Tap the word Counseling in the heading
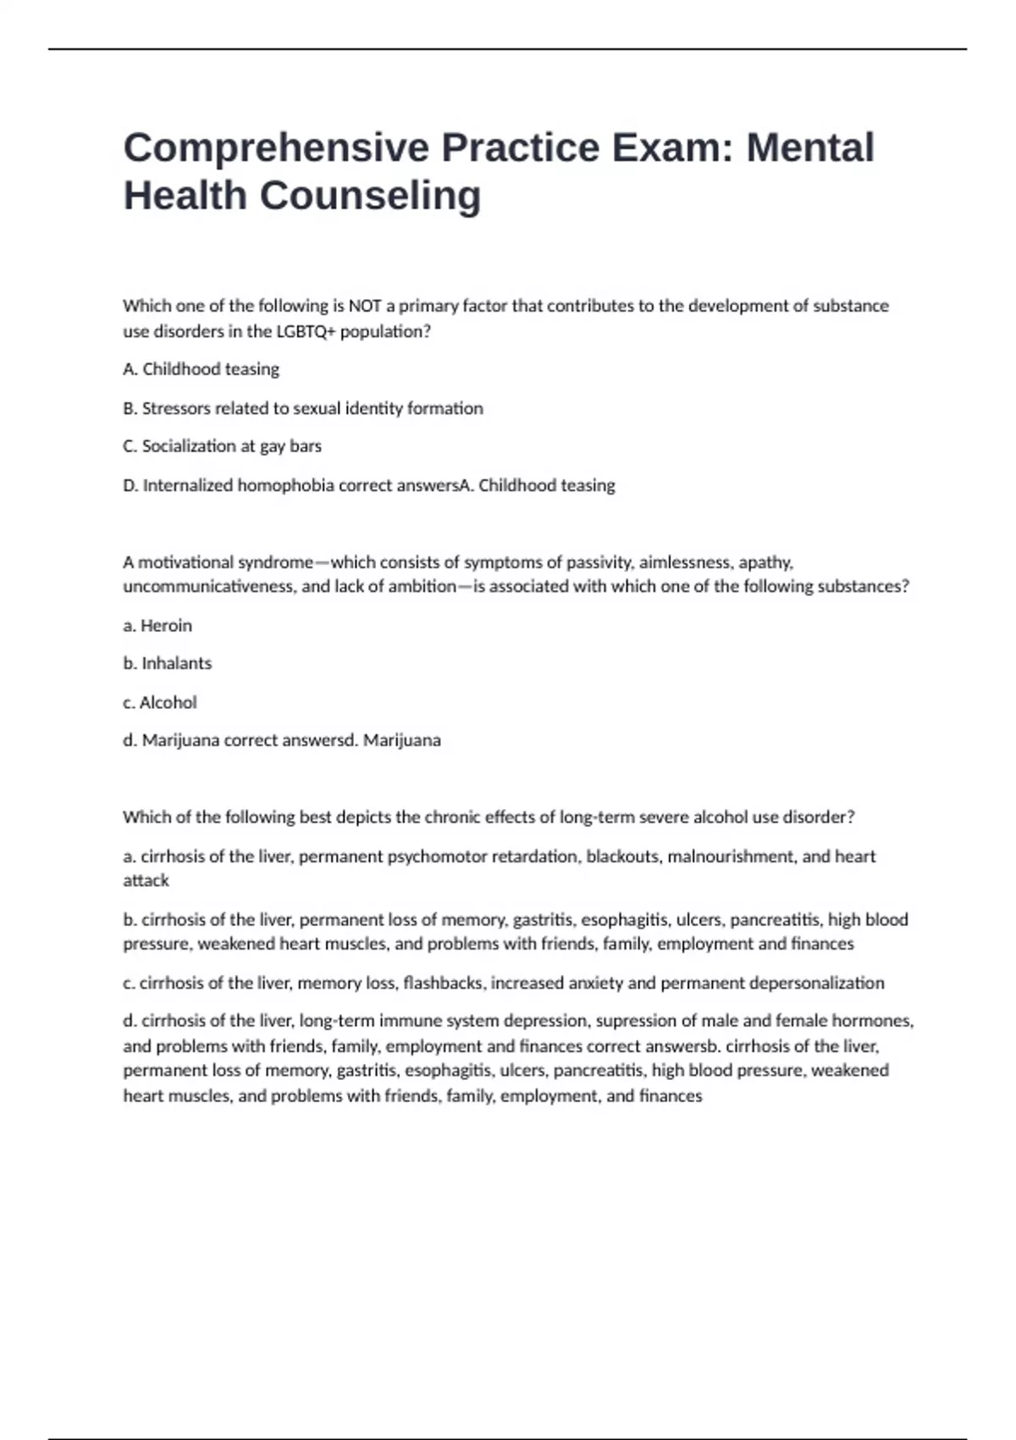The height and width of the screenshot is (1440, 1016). point(370,196)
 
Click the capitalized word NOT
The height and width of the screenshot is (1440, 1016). point(364,306)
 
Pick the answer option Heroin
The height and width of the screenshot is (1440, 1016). point(166,626)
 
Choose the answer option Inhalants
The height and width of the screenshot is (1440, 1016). point(176,663)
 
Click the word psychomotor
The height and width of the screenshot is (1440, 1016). point(437,856)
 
